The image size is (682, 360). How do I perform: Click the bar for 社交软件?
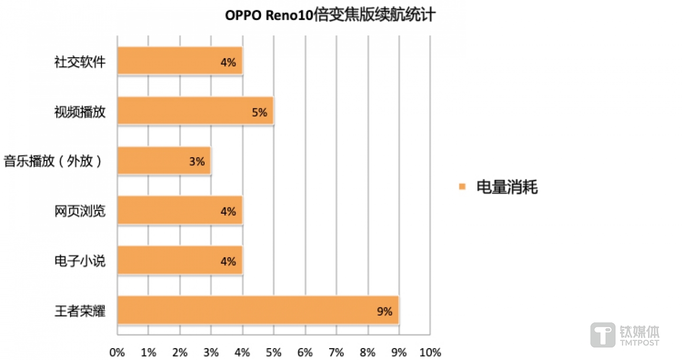[180, 61]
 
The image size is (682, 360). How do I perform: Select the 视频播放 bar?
[195, 111]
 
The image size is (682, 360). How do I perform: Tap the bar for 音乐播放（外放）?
[164, 161]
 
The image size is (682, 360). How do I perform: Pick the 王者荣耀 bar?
[258, 310]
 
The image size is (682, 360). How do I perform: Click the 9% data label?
[385, 311]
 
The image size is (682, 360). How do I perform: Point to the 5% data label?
[260, 112]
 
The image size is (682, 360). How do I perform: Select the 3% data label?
[197, 162]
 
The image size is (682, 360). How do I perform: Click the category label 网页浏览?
[80, 211]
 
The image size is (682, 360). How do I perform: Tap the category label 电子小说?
[80, 261]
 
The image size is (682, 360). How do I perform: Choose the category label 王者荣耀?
[80, 311]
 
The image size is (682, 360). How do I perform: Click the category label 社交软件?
[80, 62]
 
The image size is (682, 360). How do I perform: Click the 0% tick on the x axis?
[117, 352]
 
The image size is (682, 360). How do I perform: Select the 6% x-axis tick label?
[305, 352]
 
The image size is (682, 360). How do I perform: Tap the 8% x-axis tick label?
[368, 352]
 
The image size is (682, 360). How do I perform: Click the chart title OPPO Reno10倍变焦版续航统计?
[330, 16]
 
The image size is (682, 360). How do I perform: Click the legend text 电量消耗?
[507, 187]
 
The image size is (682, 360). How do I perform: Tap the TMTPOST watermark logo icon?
[602, 335]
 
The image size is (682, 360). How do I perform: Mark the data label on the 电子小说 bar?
[228, 261]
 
